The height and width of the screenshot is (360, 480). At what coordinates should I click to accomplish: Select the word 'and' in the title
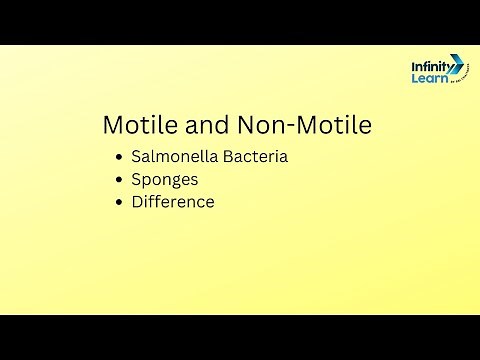click(x=206, y=126)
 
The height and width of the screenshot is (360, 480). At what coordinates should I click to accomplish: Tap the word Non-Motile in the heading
click(x=304, y=126)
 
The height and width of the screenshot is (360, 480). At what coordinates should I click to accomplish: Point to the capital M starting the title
click(x=113, y=126)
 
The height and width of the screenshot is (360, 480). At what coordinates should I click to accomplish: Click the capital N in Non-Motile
click(x=247, y=126)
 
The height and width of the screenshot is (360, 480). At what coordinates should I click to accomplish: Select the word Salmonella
click(x=174, y=158)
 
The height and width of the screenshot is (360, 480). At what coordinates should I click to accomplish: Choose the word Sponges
click(x=165, y=180)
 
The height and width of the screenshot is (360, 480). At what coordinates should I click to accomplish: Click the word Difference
click(x=173, y=202)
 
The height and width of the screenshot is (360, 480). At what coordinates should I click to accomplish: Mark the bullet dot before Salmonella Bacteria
click(x=120, y=158)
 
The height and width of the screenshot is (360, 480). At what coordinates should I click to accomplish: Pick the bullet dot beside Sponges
click(x=120, y=180)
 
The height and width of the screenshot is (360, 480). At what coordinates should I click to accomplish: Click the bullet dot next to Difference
click(x=120, y=202)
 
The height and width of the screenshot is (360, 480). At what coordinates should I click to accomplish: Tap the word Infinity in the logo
click(x=429, y=67)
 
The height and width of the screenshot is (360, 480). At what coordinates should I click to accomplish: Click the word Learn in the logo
click(x=426, y=79)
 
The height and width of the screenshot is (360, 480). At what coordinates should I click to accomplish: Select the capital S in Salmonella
click(x=136, y=158)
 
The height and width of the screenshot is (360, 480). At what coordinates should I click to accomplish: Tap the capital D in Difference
click(x=137, y=202)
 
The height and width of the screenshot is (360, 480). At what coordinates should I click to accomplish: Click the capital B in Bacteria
click(x=226, y=158)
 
